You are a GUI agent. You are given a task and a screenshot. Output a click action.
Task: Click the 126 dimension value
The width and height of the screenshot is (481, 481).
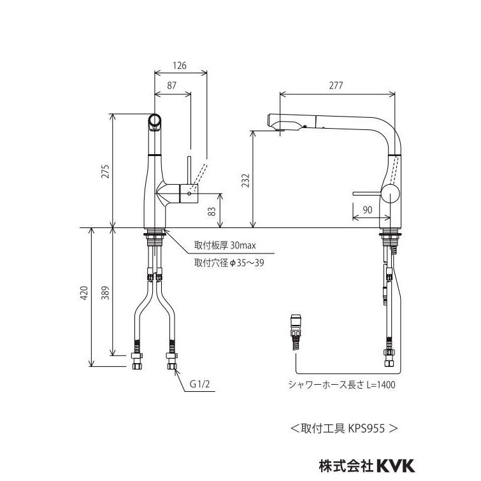tap(181, 65)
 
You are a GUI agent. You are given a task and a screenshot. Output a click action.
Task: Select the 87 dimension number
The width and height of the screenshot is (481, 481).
tap(172, 85)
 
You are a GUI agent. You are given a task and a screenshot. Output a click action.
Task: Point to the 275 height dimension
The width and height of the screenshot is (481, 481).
tap(106, 171)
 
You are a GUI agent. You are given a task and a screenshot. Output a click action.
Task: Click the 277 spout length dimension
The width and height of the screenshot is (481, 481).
tap(338, 85)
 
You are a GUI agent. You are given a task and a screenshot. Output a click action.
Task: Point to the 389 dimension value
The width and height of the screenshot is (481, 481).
tap(106, 291)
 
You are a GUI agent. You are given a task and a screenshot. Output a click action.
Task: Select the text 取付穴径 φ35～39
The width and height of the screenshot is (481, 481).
tap(229, 262)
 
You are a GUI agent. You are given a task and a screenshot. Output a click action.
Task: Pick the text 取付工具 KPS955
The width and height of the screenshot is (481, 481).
tap(344, 428)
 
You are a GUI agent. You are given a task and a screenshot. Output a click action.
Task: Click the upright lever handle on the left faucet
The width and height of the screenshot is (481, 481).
tap(189, 168)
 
